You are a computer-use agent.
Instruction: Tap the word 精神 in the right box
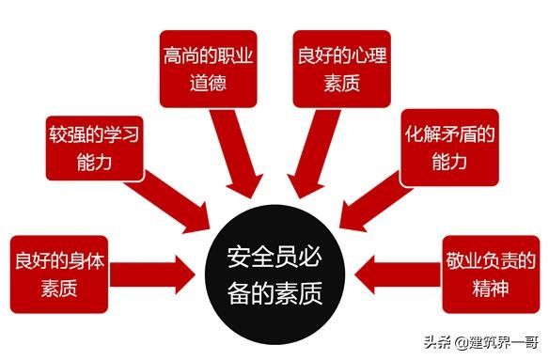(490, 287)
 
